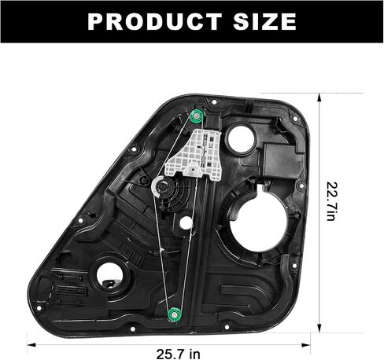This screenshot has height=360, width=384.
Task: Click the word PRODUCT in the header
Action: [x=155, y=21]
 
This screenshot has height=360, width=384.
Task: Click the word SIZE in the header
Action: [x=265, y=21]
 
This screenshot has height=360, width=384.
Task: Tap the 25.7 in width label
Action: [x=179, y=354]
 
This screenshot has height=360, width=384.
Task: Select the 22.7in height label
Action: [x=331, y=201]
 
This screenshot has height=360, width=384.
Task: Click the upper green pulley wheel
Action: [x=196, y=116]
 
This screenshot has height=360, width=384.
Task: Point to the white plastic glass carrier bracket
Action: [x=194, y=155]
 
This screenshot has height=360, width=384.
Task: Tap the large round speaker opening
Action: [x=259, y=225]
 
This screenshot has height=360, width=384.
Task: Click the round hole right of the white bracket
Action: [x=241, y=139]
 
